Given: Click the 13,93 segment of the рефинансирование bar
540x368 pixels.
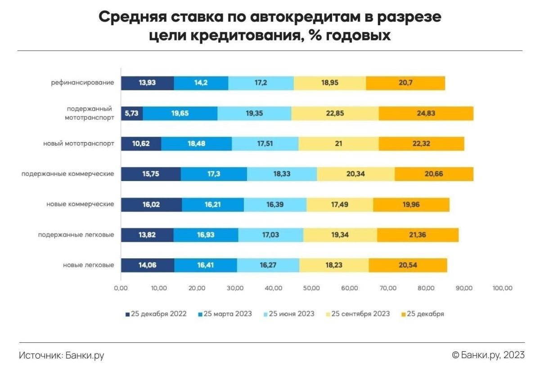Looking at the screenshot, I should (x=148, y=83).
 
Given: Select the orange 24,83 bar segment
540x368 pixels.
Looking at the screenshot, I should (x=426, y=113).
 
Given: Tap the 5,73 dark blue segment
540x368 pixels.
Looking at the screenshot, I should (x=132, y=113).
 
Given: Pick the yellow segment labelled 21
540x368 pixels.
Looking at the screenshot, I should (x=338, y=144).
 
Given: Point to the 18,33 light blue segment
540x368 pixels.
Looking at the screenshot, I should (x=282, y=174).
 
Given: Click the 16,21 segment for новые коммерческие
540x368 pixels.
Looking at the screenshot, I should (x=212, y=204).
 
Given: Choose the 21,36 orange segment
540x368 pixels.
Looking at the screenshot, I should (x=418, y=235).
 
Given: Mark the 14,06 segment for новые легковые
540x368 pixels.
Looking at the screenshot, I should (x=148, y=265).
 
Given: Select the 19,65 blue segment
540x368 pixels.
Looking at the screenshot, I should (x=180, y=113).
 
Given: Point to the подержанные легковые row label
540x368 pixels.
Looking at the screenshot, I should (x=76, y=235).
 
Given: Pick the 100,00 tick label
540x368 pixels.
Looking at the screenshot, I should (x=502, y=288).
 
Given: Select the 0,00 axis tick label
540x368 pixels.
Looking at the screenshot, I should (x=121, y=288).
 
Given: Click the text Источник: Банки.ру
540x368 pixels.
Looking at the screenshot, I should (x=62, y=355).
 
